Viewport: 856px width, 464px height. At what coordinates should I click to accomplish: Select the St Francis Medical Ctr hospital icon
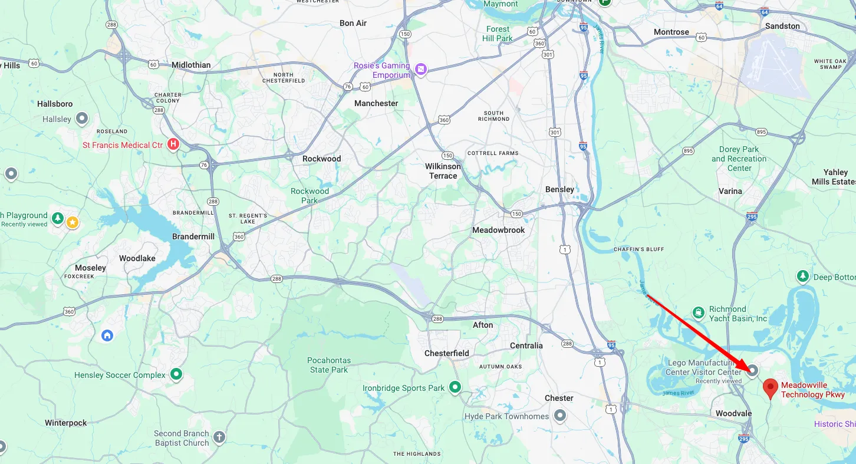pyautogui.click(x=173, y=144)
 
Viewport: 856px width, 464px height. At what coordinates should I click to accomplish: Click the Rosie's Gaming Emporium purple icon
pyautogui.click(x=420, y=70)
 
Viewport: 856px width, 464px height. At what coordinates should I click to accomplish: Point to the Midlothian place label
pyautogui.click(x=191, y=65)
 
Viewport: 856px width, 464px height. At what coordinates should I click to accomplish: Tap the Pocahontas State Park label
pyautogui.click(x=329, y=365)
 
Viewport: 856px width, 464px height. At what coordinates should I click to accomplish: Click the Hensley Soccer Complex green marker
pyautogui.click(x=176, y=374)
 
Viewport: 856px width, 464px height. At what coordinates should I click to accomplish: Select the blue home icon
pyautogui.click(x=107, y=335)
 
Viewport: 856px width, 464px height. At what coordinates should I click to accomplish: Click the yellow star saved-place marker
pyautogui.click(x=72, y=222)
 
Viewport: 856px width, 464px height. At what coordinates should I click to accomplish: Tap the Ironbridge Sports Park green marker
pyautogui.click(x=455, y=387)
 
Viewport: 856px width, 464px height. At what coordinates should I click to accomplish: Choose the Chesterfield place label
pyautogui.click(x=447, y=353)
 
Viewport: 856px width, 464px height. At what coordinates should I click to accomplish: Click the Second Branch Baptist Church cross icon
pyautogui.click(x=219, y=437)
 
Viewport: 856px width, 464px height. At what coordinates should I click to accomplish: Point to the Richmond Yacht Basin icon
pyautogui.click(x=699, y=312)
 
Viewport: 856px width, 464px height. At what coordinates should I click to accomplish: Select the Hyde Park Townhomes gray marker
pyautogui.click(x=560, y=416)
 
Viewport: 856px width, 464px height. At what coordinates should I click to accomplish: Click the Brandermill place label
pyautogui.click(x=193, y=236)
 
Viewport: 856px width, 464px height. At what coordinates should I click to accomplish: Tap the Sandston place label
pyautogui.click(x=782, y=26)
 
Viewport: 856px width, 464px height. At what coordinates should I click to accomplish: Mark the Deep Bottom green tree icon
pyautogui.click(x=802, y=276)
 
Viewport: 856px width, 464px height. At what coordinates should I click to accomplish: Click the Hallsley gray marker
pyautogui.click(x=82, y=119)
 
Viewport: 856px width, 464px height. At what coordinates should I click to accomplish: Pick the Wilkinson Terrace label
pyautogui.click(x=443, y=171)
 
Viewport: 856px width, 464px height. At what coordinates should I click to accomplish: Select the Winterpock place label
pyautogui.click(x=66, y=423)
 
